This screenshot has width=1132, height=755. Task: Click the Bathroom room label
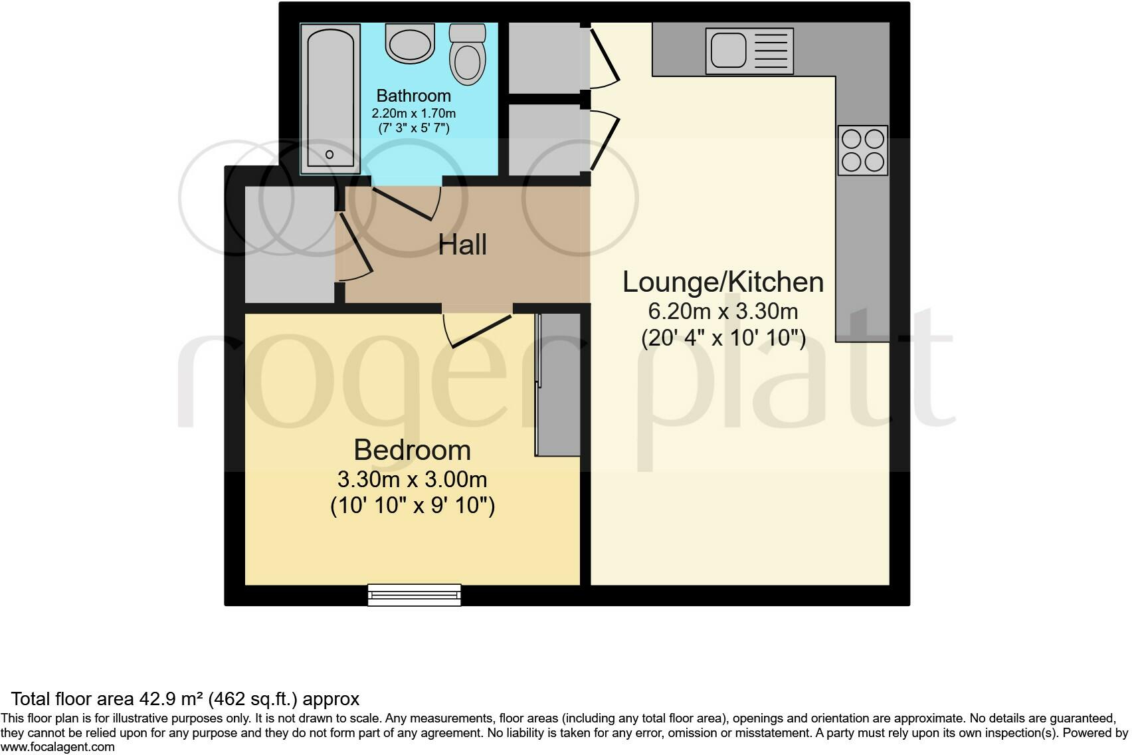[413, 96]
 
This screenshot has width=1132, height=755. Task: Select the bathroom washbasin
[410, 45]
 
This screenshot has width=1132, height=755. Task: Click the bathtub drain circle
[330, 155]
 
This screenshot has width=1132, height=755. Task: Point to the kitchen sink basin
[729, 51]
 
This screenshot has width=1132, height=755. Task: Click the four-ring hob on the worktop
[862, 150]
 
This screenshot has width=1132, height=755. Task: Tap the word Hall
[462, 245]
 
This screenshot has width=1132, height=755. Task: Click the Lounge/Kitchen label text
[723, 282]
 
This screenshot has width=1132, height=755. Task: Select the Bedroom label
[412, 451]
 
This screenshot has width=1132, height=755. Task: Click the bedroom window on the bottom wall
[415, 595]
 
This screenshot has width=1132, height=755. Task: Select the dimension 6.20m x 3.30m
[723, 311]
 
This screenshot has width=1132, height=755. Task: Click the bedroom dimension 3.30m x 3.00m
[412, 479]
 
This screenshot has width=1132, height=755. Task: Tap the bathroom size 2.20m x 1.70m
[413, 114]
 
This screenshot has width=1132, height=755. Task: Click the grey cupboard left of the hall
[290, 245]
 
